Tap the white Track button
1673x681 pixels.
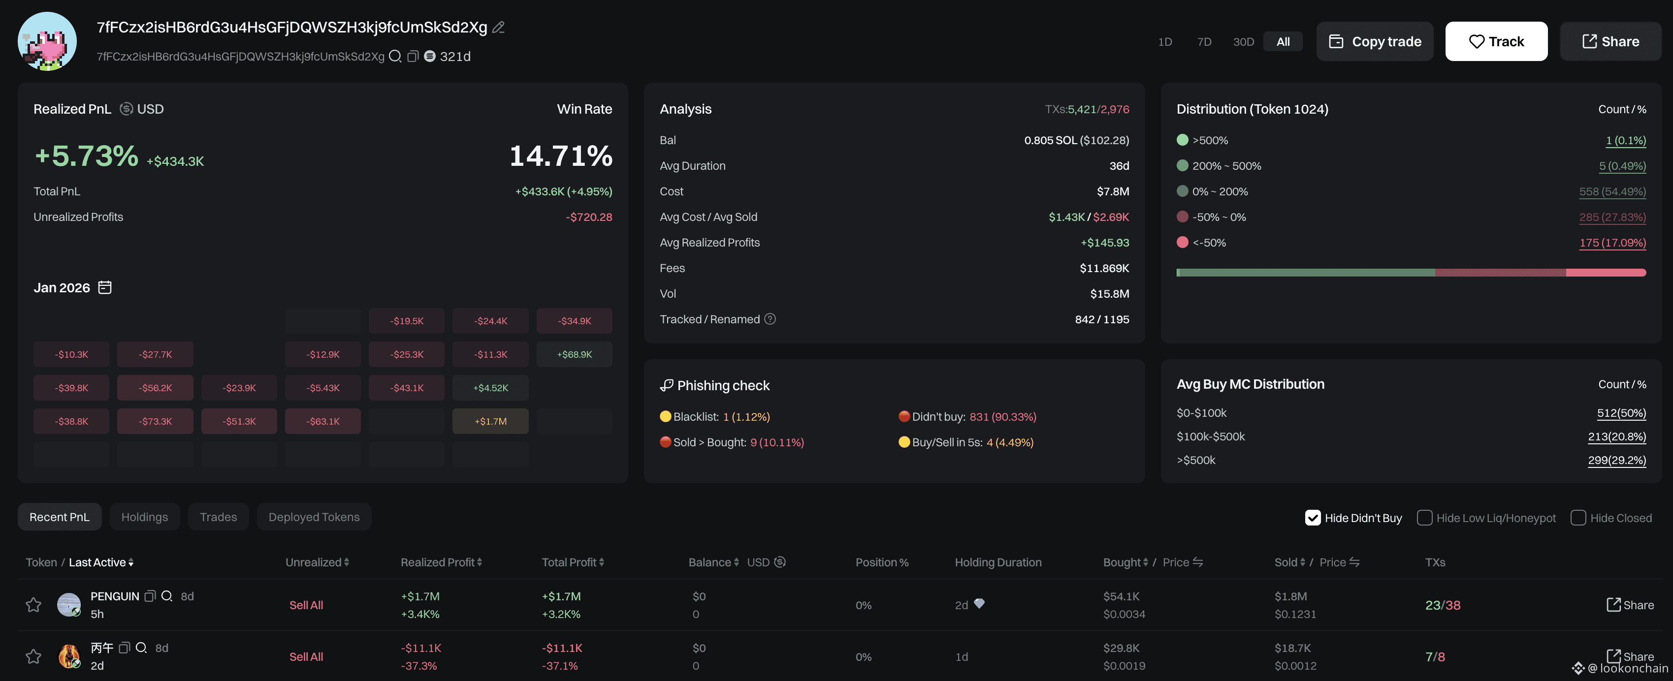coord(1496,41)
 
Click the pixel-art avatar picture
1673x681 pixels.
coord(47,41)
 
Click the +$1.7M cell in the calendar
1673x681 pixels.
coord(490,421)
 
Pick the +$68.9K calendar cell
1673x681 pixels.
coord(574,354)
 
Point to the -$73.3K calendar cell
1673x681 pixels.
coord(155,421)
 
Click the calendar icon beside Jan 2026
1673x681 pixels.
coord(104,287)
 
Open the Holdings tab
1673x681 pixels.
coord(144,517)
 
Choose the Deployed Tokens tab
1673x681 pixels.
coord(314,517)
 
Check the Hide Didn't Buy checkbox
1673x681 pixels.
coord(1313,518)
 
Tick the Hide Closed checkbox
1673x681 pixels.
coord(1578,518)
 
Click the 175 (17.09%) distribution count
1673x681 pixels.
coord(1612,243)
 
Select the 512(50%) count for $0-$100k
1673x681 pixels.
coord(1621,413)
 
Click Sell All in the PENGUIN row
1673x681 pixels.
coord(306,605)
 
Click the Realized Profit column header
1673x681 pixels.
coord(437,562)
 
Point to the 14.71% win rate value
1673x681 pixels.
coord(560,156)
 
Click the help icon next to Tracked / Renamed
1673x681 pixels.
coord(770,319)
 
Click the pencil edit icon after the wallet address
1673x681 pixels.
coord(498,27)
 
